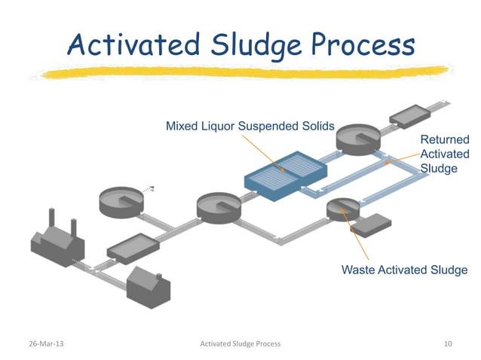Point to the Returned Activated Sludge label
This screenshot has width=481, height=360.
pos(444,154)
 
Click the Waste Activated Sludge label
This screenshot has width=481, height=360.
pos(404,270)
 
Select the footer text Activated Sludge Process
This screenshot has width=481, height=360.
pos(240,343)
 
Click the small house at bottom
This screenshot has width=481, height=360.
pos(148,285)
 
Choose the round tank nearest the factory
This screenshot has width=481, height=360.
pos(121,200)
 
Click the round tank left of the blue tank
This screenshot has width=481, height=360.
pos(219,206)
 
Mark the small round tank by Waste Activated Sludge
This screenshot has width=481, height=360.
pos(342,208)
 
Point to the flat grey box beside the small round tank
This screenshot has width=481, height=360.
pos(371,224)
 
